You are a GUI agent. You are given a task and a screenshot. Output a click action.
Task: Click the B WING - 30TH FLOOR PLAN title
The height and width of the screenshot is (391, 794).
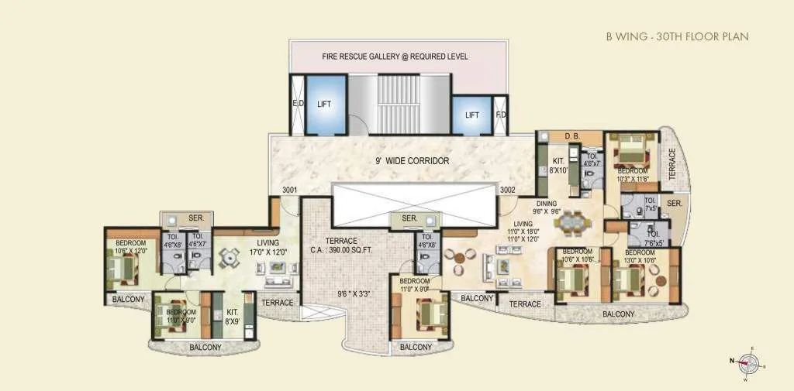(x=677, y=36)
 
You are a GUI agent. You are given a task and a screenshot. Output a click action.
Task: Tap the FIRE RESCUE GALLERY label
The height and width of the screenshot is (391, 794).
(x=395, y=57)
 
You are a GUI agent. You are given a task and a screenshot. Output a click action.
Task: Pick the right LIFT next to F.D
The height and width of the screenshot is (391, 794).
(x=471, y=115)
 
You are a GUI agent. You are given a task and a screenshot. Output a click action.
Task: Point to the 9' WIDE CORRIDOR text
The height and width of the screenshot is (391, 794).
(x=410, y=161)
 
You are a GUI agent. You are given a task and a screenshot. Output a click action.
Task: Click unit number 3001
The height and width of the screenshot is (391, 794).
(x=291, y=189)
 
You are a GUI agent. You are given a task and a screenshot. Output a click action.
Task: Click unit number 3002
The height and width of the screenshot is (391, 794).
(x=509, y=189)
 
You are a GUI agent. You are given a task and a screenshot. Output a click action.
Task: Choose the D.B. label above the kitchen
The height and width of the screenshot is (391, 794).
(x=572, y=137)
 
